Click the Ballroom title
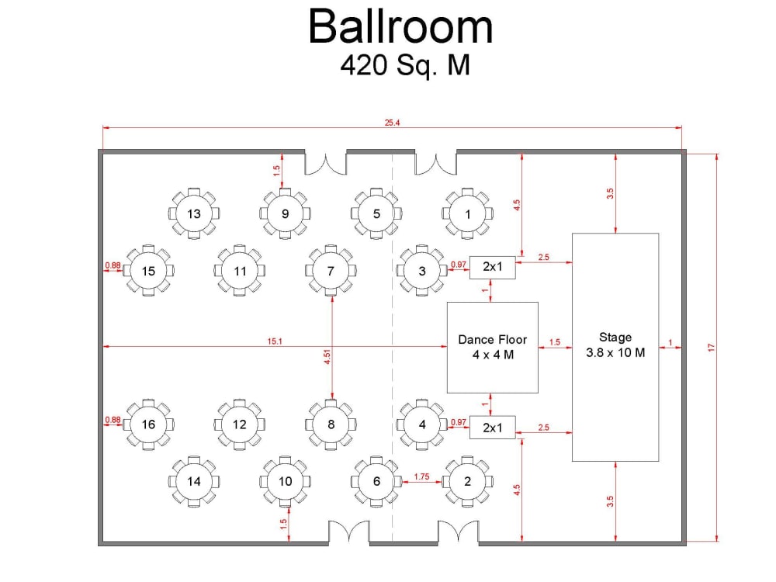point(400,26)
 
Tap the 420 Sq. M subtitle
point(405,65)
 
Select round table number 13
point(194,214)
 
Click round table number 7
point(331,271)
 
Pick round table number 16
point(148,424)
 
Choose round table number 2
point(468,482)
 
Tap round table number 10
point(285,482)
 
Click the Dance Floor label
point(493,340)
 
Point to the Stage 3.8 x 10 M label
point(615,345)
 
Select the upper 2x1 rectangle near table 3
point(493,267)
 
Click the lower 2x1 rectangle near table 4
point(493,428)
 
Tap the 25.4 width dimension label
point(392,123)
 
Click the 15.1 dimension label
point(275,341)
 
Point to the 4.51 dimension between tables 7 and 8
point(327,357)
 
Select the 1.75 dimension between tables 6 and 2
point(421,476)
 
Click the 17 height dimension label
point(712,348)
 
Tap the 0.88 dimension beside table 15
point(113,265)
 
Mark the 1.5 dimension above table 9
point(277,171)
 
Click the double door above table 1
point(435,162)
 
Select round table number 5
point(376,214)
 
